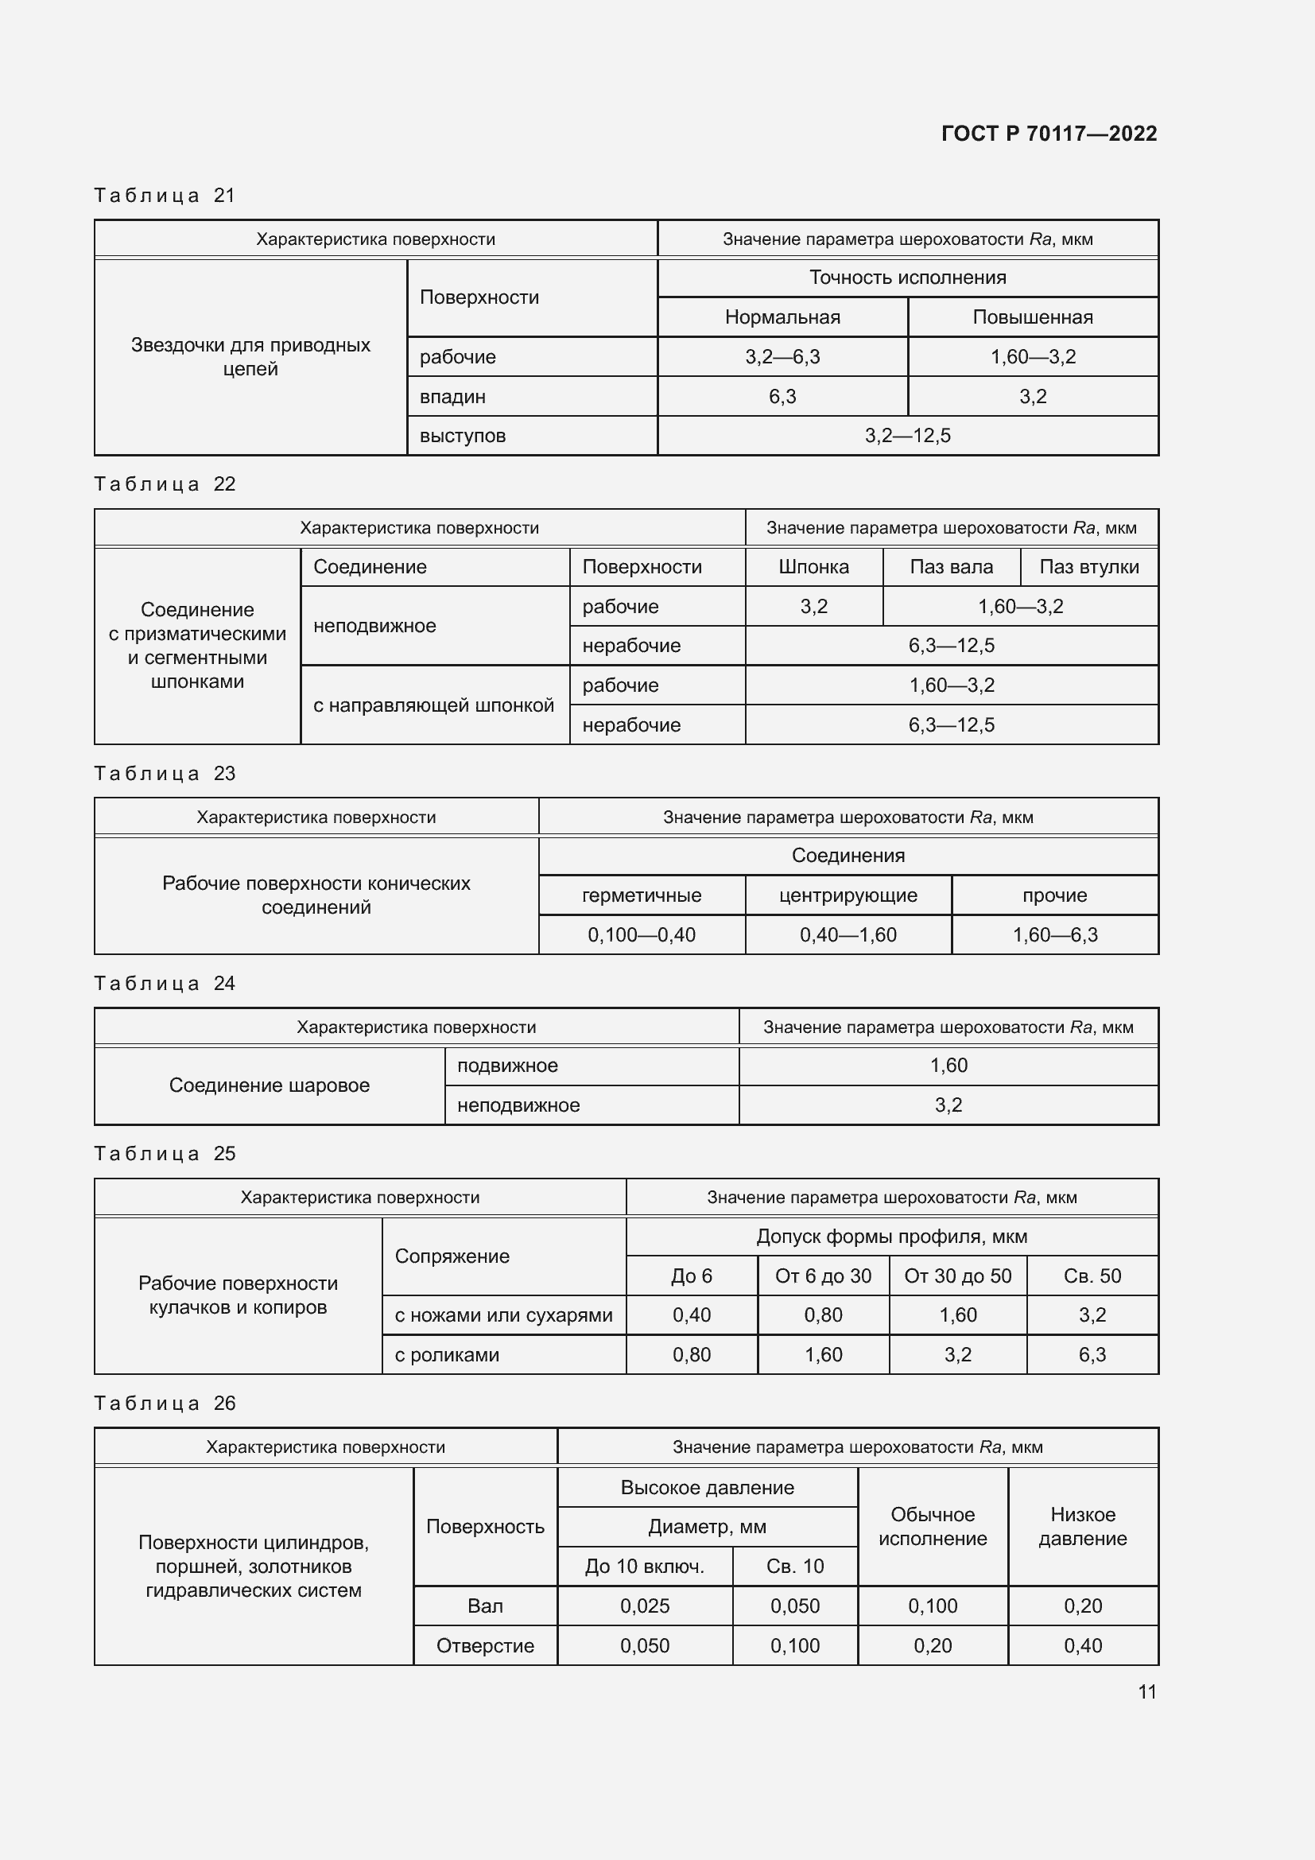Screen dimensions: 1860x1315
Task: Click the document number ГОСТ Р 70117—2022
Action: point(1049,134)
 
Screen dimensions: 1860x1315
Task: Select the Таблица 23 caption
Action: point(165,774)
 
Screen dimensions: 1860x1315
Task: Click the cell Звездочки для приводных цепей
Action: point(250,356)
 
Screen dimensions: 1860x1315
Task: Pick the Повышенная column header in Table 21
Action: point(1033,317)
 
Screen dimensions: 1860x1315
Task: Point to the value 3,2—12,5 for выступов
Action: point(907,436)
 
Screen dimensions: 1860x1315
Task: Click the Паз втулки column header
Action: point(1088,567)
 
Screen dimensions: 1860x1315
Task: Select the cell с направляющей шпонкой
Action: point(433,705)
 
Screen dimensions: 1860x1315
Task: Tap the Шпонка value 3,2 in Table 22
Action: point(813,607)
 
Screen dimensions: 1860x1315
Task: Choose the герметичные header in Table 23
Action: point(642,895)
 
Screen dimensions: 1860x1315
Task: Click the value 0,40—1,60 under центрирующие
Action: point(848,935)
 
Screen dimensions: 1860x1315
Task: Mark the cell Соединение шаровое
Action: point(269,1085)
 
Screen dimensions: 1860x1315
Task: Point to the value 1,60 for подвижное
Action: point(948,1066)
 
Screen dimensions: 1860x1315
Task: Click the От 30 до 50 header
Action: point(957,1276)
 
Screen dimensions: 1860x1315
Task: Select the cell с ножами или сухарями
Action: point(502,1314)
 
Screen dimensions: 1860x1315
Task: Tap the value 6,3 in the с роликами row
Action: point(1092,1354)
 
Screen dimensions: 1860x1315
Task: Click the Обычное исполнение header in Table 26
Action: point(932,1526)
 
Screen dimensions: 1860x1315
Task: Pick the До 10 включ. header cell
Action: point(645,1566)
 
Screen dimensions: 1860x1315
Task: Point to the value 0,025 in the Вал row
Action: point(645,1606)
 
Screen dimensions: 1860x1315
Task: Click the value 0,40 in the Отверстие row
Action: point(1083,1645)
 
